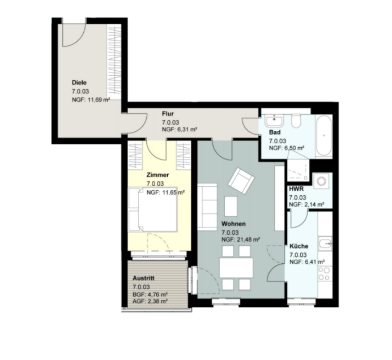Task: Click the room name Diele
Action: [x=79, y=83]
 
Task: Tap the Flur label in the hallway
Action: [x=168, y=114]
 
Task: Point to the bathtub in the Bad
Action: [x=324, y=136]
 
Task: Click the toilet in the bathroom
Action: [x=296, y=121]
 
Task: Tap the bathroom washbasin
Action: [x=274, y=120]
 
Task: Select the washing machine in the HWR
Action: [x=322, y=181]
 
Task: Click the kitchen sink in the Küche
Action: [x=325, y=243]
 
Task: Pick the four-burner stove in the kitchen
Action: [x=325, y=273]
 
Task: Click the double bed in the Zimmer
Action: [x=153, y=209]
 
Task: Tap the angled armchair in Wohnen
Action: [x=241, y=181]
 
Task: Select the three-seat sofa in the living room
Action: [x=207, y=207]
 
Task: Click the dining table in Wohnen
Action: [x=236, y=268]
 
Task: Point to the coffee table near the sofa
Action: [x=231, y=207]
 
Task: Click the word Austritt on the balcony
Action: [x=143, y=278]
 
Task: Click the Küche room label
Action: [x=299, y=246]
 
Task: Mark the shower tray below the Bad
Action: [x=299, y=170]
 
